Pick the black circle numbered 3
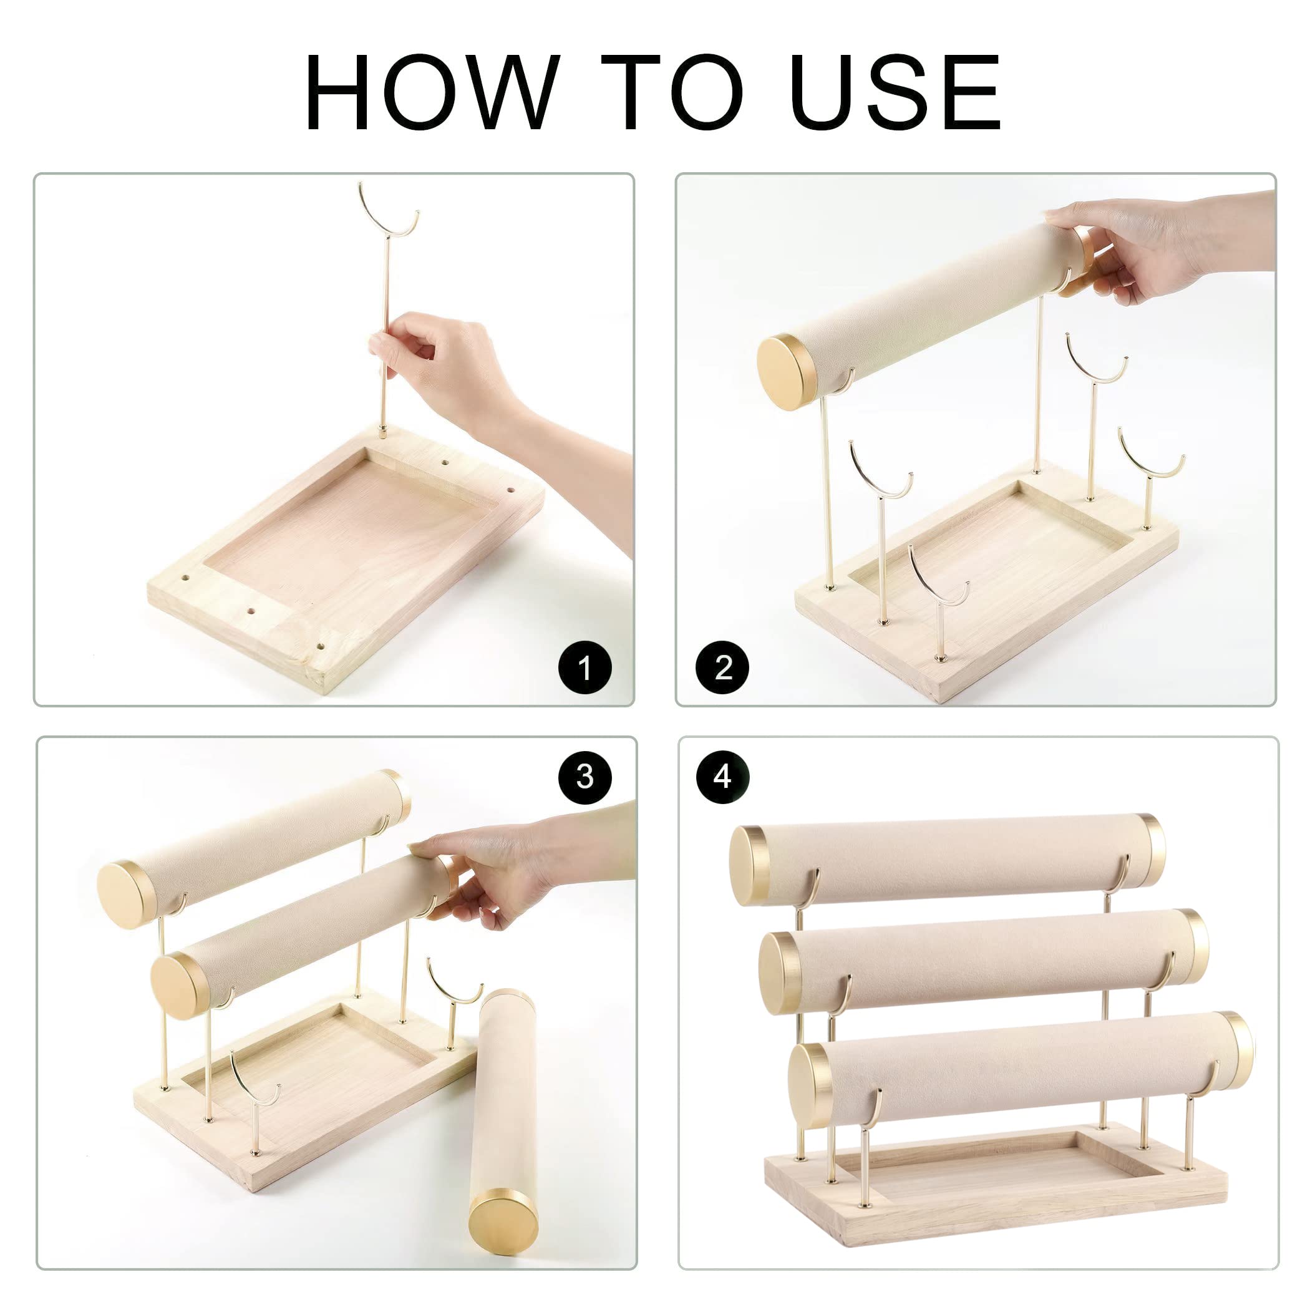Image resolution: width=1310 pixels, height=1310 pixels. coord(585,777)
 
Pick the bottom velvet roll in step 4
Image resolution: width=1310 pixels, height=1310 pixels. coord(1017,1071)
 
